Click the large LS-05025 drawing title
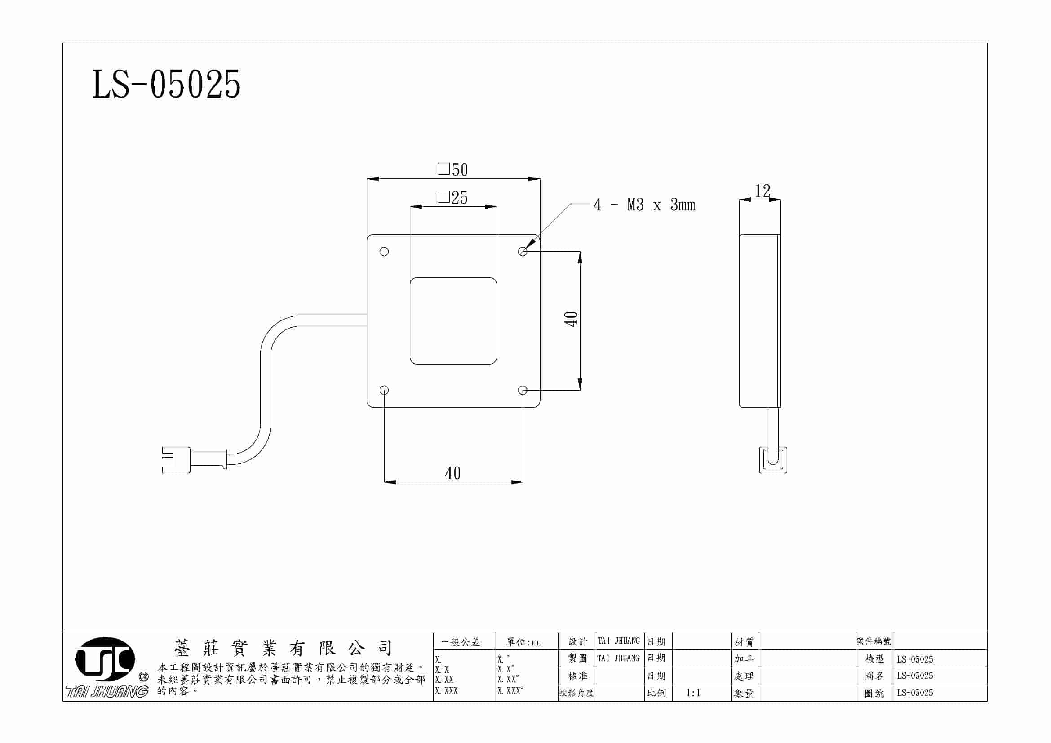166,84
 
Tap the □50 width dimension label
453,170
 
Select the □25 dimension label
453,198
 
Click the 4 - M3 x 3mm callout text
644,205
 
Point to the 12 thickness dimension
762,191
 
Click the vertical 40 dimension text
571,319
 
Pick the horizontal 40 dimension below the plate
453,473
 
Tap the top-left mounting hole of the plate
384,251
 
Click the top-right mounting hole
522,251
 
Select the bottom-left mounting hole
384,390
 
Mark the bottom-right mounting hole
522,390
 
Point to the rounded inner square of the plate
453,321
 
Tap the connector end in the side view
773,460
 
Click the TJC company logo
105,659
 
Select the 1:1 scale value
693,693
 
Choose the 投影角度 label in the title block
576,693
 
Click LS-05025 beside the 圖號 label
915,693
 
